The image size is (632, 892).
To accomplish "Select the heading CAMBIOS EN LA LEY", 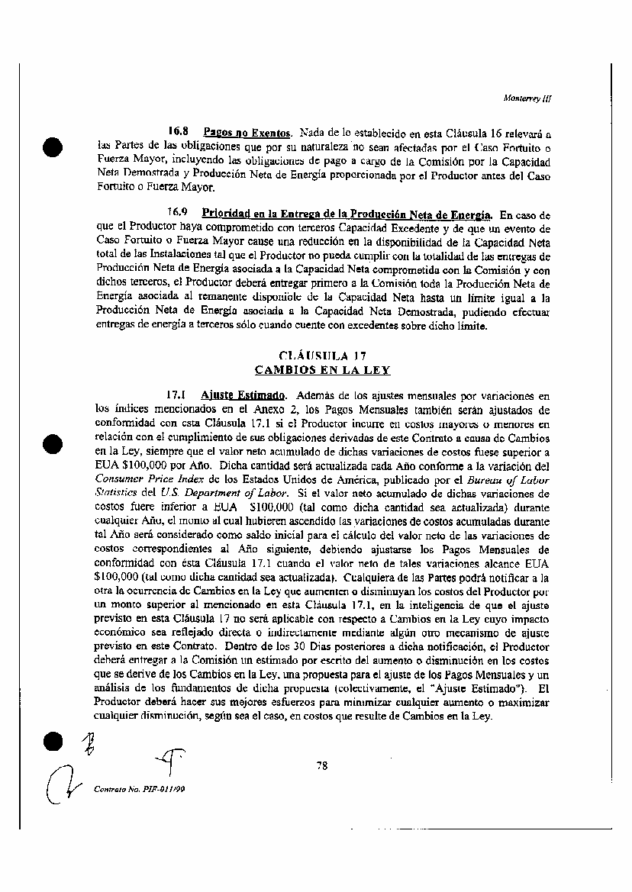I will (x=322, y=370).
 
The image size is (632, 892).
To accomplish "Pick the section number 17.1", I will (x=178, y=395).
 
